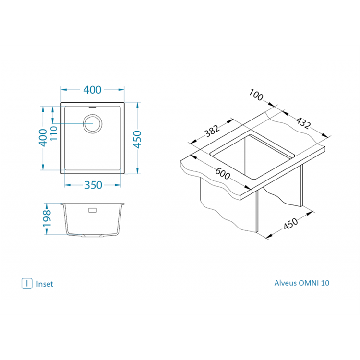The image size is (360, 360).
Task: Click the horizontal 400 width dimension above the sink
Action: pyautogui.click(x=92, y=90)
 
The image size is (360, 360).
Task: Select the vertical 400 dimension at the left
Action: pyautogui.click(x=43, y=138)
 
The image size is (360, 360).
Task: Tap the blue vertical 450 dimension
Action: pyautogui.click(x=137, y=139)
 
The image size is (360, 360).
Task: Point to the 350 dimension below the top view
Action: pyautogui.click(x=93, y=185)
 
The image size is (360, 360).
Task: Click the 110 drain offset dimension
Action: pyautogui.click(x=53, y=133)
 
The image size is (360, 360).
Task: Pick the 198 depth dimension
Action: pyautogui.click(x=47, y=218)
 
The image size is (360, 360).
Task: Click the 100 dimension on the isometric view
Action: pyautogui.click(x=256, y=95)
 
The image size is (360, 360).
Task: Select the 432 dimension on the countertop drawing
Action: pyautogui.click(x=303, y=123)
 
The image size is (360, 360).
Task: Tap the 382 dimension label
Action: pyautogui.click(x=212, y=131)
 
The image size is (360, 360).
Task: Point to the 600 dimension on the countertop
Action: pyautogui.click(x=222, y=173)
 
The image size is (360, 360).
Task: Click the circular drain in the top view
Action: pyautogui.click(x=93, y=123)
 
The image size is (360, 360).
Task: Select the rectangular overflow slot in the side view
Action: pyautogui.click(x=93, y=210)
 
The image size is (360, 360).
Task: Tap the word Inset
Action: pyautogui.click(x=45, y=284)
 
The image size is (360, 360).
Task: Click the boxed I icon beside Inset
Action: pyautogui.click(x=27, y=284)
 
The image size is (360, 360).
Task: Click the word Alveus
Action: pyautogui.click(x=286, y=283)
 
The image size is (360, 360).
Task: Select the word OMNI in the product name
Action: pyautogui.click(x=309, y=283)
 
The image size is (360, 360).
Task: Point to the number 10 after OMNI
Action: pyautogui.click(x=325, y=283)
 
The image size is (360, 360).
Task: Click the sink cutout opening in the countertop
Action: pyautogui.click(x=252, y=156)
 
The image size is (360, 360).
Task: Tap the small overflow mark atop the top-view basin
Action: pyautogui.click(x=93, y=107)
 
